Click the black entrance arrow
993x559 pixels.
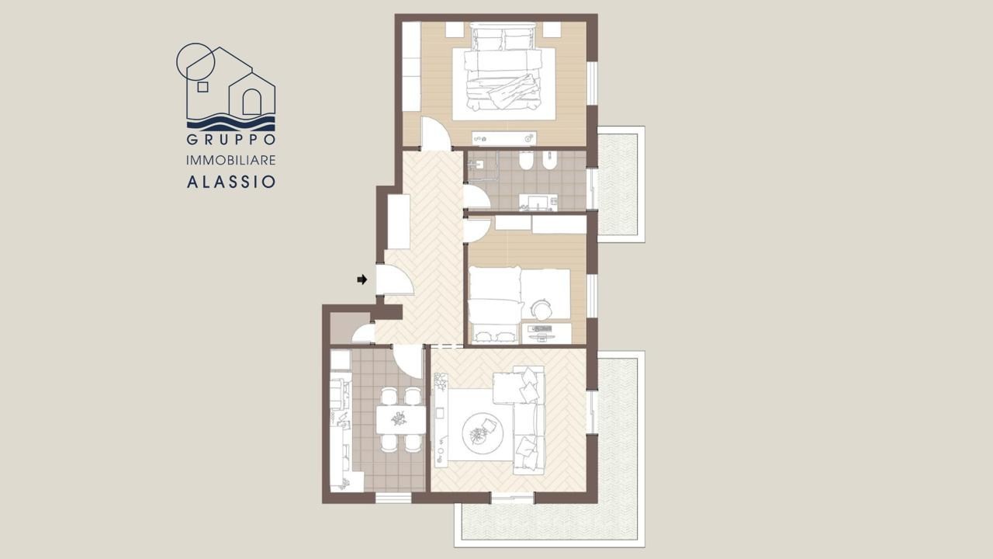(362, 279)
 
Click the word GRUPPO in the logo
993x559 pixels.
(231, 139)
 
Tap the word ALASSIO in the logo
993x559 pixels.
(231, 182)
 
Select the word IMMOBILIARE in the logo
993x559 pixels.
(231, 160)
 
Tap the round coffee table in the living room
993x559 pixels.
(483, 433)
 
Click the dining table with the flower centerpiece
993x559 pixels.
(401, 420)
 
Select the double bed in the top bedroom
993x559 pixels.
(503, 67)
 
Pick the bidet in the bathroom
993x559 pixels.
(550, 161)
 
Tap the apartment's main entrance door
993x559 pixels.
(395, 280)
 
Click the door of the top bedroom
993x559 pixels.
(435, 133)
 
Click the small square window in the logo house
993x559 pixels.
(202, 86)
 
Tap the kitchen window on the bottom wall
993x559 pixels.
(393, 498)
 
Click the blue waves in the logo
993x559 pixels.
(231, 123)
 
